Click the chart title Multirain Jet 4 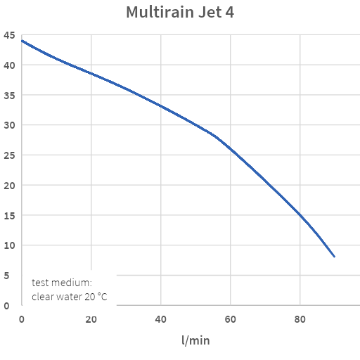coord(180,13)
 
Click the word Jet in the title coord(210,13)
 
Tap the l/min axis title coord(195,341)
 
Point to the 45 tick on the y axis coord(8,35)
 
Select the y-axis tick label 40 coord(8,65)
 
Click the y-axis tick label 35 coord(8,96)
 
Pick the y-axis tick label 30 coord(8,125)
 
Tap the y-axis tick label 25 coord(8,155)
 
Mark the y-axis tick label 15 coord(8,216)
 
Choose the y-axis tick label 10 coord(8,245)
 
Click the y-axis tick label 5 coord(6,276)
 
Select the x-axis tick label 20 coord(91,320)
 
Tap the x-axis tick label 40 coord(160,320)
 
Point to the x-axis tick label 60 coord(231,320)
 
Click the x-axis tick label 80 coord(300,320)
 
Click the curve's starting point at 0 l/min coord(22,41)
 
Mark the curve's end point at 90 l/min coord(335,257)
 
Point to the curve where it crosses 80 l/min coord(300,215)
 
